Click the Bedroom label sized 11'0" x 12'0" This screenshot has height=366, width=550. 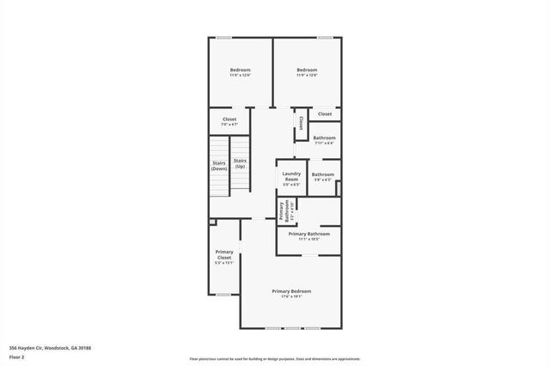point(240,70)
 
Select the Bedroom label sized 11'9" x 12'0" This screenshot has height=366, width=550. point(307,70)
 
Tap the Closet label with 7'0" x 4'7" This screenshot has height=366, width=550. point(229,119)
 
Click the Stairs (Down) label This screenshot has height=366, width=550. point(219,167)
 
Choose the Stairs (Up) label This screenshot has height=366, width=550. point(241,163)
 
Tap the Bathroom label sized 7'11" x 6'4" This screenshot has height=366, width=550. point(324,137)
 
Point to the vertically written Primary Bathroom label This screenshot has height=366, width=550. point(281,210)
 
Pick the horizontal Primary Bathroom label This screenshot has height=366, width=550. point(309,234)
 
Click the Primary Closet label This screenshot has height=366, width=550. point(223,255)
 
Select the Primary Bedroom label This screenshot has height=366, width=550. point(291,291)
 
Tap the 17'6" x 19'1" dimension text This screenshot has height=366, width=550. point(291,297)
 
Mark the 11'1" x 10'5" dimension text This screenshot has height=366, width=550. point(309,240)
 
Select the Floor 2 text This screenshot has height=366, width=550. point(17,356)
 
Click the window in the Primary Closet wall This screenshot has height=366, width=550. point(223,295)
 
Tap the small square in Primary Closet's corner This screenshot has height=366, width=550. point(213,222)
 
